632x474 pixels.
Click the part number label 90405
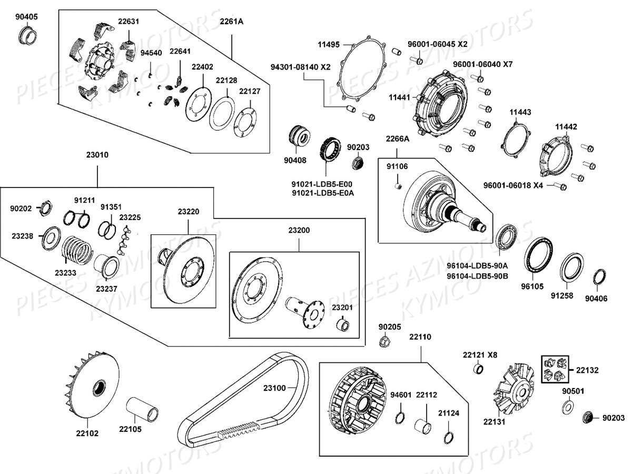tap(26, 17)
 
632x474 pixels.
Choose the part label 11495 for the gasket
tap(329, 44)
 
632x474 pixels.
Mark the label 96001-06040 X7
tap(482, 64)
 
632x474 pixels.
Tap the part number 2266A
tap(397, 139)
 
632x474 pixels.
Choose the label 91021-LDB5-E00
tap(322, 184)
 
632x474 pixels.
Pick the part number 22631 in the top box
tap(129, 22)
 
